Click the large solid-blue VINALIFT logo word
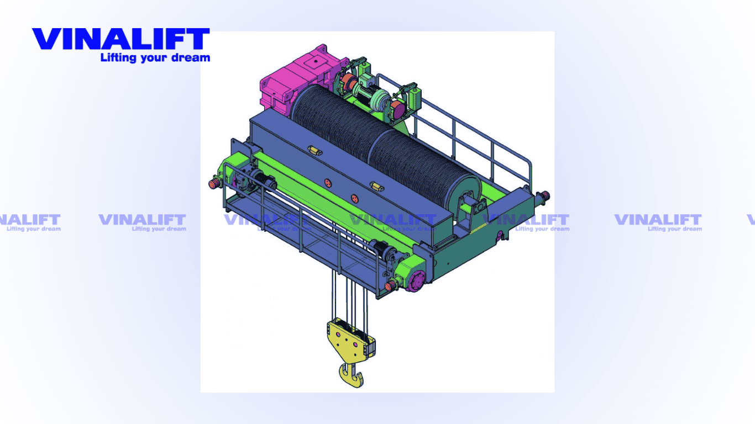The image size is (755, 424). tap(121, 39)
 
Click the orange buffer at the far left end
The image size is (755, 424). tap(213, 184)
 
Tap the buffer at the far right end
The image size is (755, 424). tap(544, 197)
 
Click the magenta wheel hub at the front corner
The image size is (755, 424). tap(417, 281)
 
